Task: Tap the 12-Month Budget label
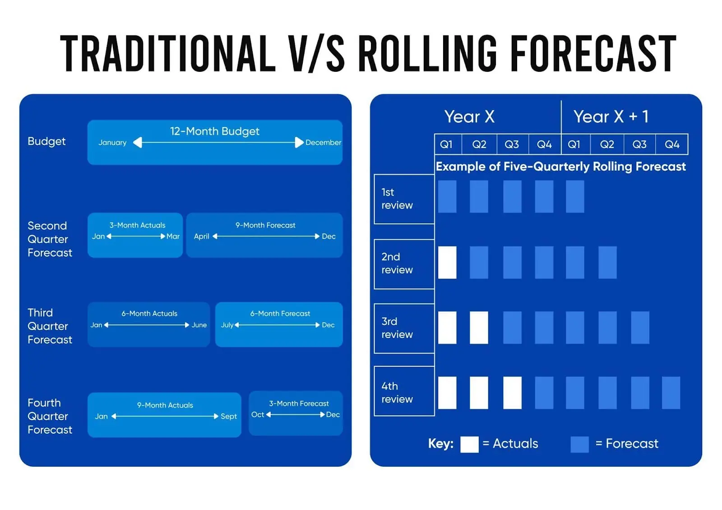click(214, 131)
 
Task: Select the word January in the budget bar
click(112, 143)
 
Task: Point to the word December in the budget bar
click(323, 143)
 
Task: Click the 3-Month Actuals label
click(137, 225)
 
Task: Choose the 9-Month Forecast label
click(265, 225)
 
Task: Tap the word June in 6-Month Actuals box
click(199, 325)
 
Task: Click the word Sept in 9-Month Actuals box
click(229, 416)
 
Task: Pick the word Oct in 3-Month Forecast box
click(258, 414)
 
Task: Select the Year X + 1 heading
click(611, 116)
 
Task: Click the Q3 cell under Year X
click(512, 144)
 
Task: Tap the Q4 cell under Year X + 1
click(672, 144)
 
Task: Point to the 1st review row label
click(397, 199)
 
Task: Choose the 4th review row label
click(397, 392)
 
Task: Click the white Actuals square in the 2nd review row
click(447, 262)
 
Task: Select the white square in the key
click(469, 444)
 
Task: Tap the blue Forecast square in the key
click(579, 444)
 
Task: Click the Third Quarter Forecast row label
click(49, 326)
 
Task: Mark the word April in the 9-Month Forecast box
click(201, 236)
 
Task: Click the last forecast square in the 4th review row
click(671, 393)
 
